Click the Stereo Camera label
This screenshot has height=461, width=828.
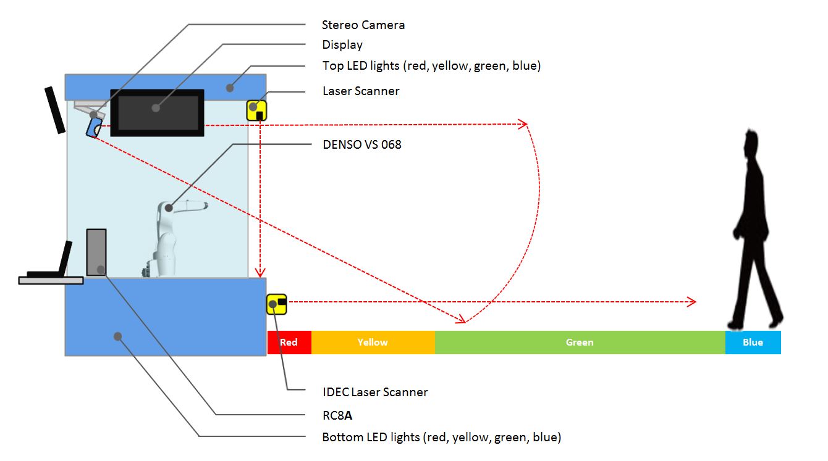click(x=363, y=25)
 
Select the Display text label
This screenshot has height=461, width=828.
click(x=342, y=45)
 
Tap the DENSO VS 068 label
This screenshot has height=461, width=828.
click(x=361, y=145)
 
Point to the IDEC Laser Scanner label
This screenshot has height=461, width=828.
click(x=375, y=392)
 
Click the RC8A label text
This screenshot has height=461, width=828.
click(x=337, y=415)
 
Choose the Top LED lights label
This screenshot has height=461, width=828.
click(x=431, y=65)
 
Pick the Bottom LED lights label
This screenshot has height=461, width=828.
click(x=441, y=438)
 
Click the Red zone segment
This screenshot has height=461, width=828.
click(x=289, y=343)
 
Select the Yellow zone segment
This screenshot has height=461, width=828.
click(x=373, y=343)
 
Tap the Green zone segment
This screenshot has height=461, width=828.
click(x=580, y=343)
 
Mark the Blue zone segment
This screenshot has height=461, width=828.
click(x=753, y=343)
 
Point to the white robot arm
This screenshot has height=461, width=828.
click(x=168, y=238)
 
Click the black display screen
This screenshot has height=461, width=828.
click(x=157, y=112)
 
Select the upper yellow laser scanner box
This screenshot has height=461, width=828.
click(x=256, y=110)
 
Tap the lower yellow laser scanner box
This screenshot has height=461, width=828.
click(x=276, y=304)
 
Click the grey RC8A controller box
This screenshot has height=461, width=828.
click(x=96, y=252)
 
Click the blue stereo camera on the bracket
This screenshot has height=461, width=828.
click(x=95, y=127)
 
